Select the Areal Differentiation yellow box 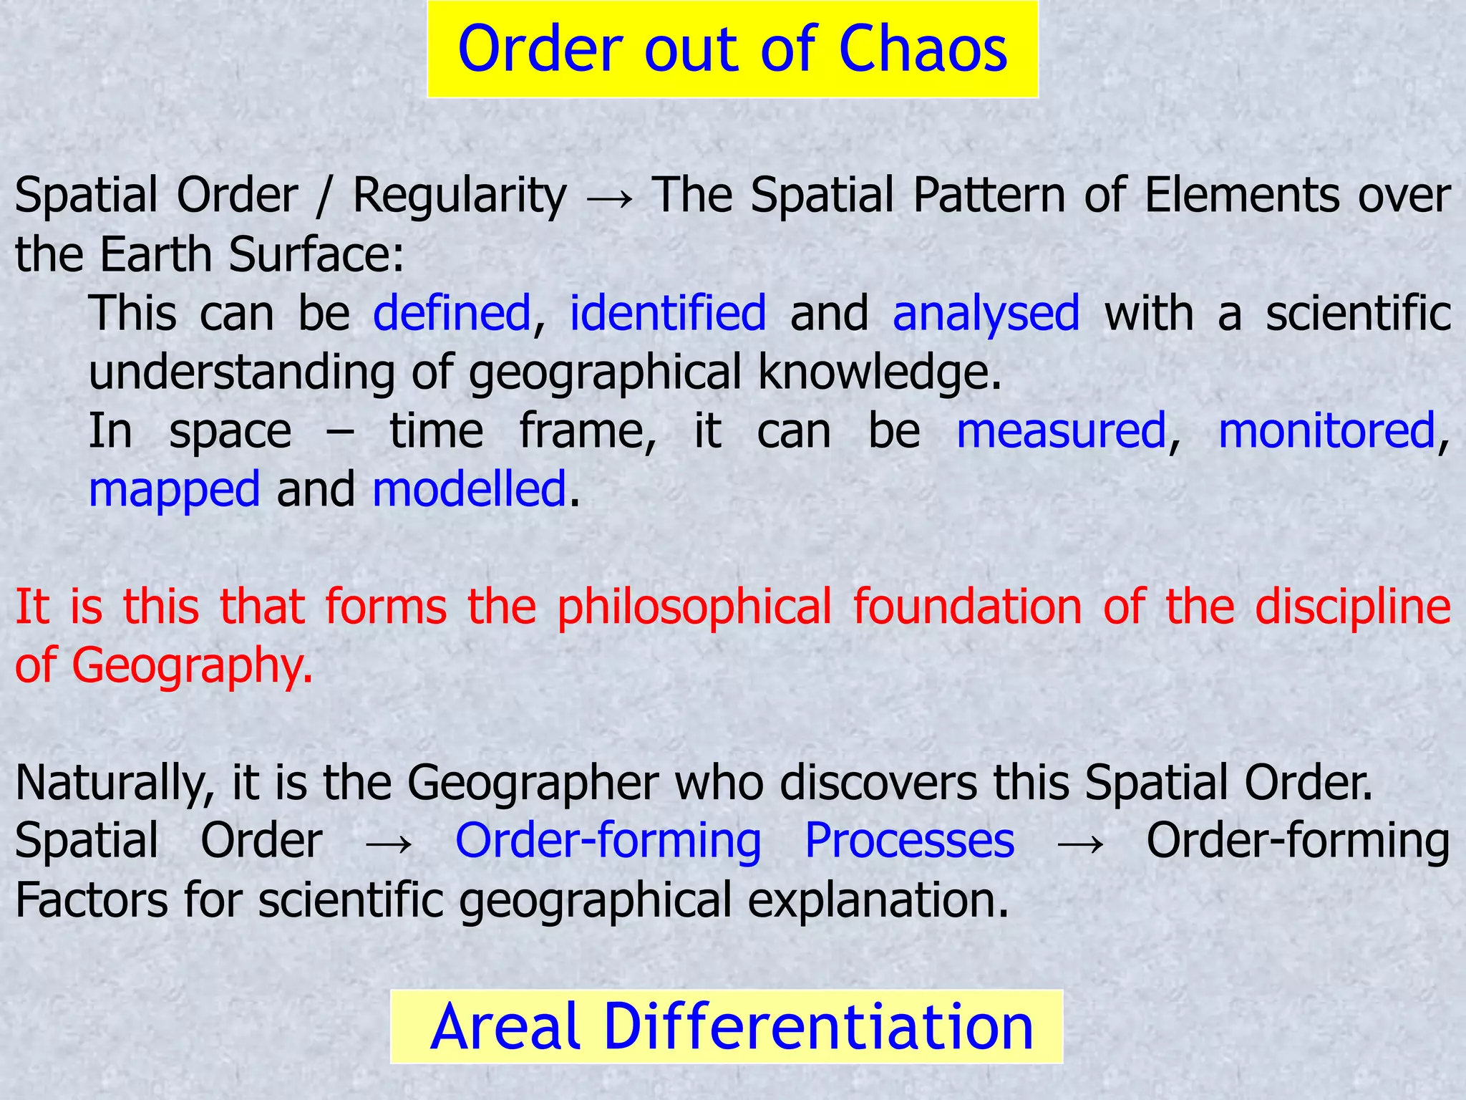[727, 1026]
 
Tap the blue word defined [452, 314]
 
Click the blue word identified [667, 314]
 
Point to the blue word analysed [986, 314]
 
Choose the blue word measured [1062, 431]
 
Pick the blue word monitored [1326, 431]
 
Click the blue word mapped [174, 490]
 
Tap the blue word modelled [470, 490]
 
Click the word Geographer [533, 783]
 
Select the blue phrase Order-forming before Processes [608, 841]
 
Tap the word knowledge [879, 372]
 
